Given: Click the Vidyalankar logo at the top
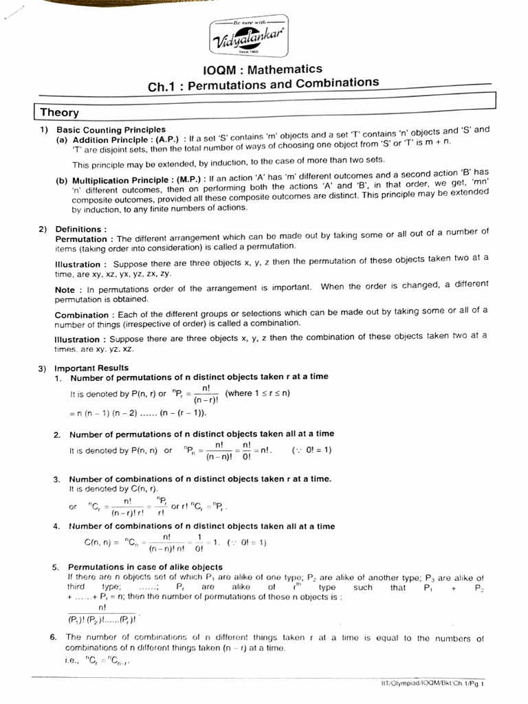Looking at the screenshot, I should coord(249,38).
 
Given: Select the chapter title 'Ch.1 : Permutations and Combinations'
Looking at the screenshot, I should coord(263,85).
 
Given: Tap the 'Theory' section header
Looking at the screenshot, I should coord(59,112).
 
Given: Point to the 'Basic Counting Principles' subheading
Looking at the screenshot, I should coord(111,129).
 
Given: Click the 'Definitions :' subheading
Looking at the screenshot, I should coord(81,229).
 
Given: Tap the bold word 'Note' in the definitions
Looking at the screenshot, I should coord(65,289).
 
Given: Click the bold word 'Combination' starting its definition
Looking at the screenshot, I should coord(85,315).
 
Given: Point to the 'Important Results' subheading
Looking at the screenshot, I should coord(91,368).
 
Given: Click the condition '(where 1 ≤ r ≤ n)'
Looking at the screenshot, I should coord(258,393).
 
